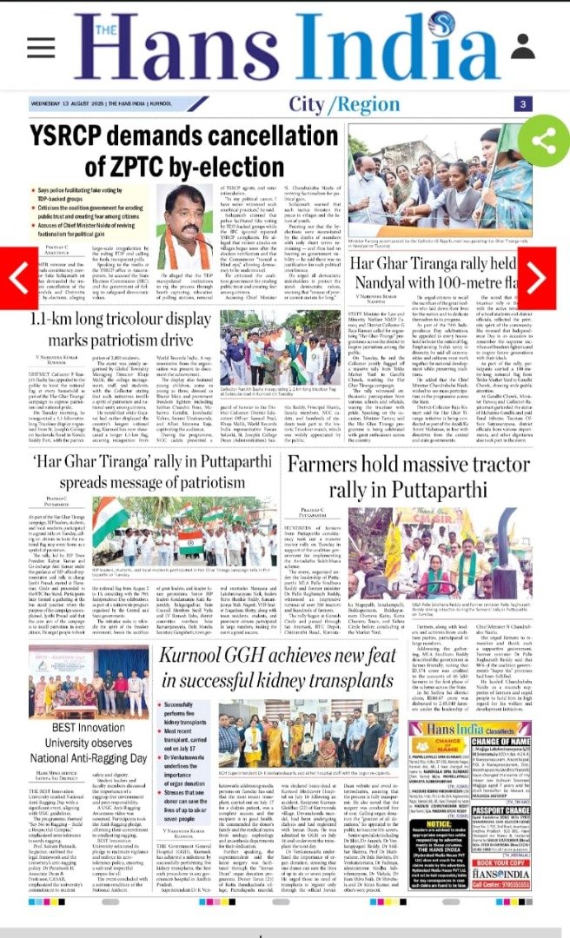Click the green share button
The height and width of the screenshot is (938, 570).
[544, 140]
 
